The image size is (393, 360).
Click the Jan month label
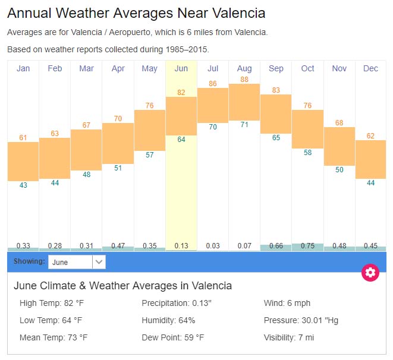coord(23,68)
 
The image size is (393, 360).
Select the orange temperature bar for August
coord(244,102)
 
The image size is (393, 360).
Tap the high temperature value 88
coord(244,80)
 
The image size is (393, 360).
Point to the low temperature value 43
coord(23,185)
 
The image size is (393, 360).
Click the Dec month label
coord(370,68)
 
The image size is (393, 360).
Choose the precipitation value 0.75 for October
coord(307,246)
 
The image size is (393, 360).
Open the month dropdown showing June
coord(77,261)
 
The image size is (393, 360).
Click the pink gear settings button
coord(370,273)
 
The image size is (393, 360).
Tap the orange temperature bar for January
coord(23,162)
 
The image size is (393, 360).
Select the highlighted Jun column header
coord(181,68)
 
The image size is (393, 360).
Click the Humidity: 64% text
coord(168,320)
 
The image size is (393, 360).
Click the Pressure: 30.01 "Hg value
coord(301,320)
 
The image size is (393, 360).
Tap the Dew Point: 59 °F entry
coord(173,337)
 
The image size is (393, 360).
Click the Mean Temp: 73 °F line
coord(54,337)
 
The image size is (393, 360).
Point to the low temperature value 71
coord(244,125)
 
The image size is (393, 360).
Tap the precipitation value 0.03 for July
coord(213,246)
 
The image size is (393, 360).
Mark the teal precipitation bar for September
coord(276,248)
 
